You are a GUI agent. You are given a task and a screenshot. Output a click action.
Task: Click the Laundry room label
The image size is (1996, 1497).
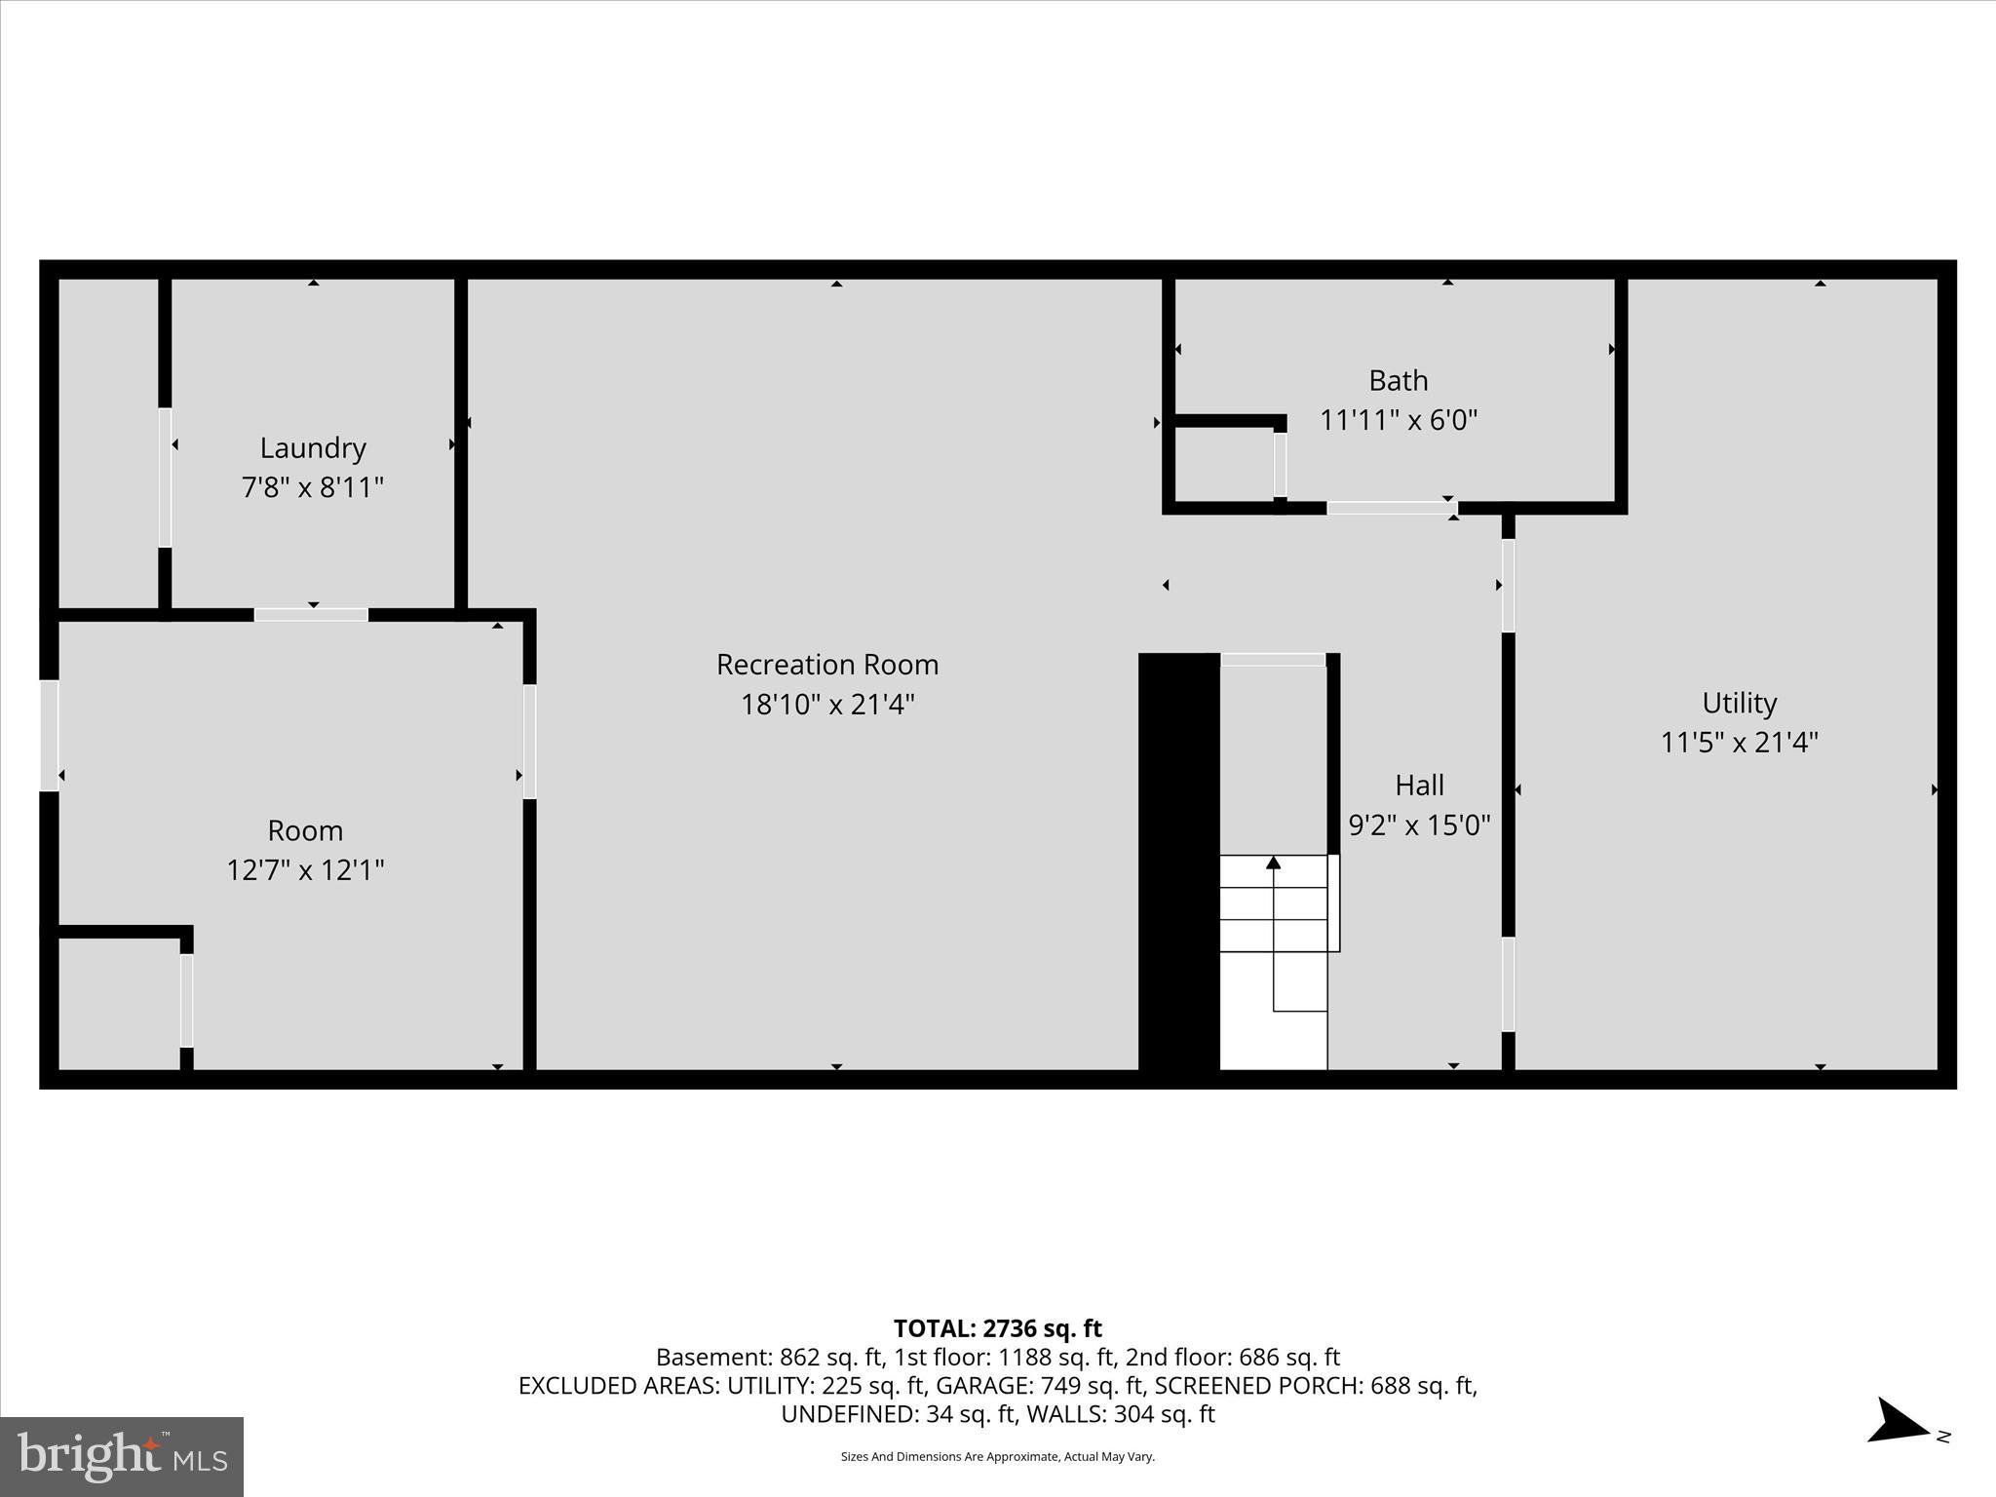pos(312,448)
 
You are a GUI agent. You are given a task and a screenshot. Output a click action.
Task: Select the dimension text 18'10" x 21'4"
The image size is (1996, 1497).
pos(826,704)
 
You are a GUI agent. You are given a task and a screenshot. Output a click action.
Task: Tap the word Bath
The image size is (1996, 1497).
pos(1398,380)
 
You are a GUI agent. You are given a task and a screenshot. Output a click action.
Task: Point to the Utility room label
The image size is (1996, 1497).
pos(1739,703)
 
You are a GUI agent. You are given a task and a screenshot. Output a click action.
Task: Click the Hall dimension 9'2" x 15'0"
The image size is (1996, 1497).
pos(1419,825)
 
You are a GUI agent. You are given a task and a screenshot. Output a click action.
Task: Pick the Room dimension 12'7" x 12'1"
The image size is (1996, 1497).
pos(305,869)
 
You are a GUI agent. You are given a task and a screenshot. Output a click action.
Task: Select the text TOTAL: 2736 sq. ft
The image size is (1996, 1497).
pos(997,1328)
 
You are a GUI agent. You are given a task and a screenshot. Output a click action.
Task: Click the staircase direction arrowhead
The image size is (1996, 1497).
pos(1273,862)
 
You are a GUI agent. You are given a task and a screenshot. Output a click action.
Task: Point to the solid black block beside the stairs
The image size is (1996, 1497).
pos(1178,863)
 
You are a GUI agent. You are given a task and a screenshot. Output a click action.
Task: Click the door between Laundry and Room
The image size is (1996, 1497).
pos(311,615)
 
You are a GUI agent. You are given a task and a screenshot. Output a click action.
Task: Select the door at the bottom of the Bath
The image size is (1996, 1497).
pos(1391,508)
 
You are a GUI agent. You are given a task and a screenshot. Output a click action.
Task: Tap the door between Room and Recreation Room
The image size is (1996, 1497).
pos(529,742)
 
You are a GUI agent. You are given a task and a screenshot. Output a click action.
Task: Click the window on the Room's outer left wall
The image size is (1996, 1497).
pos(49,735)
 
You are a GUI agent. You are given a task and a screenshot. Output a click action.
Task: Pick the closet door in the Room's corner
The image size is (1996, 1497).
pos(186,1000)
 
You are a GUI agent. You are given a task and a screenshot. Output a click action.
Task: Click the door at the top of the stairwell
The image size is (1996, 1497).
pos(1272,660)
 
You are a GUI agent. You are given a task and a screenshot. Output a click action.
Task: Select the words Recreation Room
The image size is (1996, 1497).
pos(826,665)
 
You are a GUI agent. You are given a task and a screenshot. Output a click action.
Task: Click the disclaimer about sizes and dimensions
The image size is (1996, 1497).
pos(997,1457)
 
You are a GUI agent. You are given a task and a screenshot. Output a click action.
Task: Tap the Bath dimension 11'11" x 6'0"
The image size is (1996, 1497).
pos(1398,420)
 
